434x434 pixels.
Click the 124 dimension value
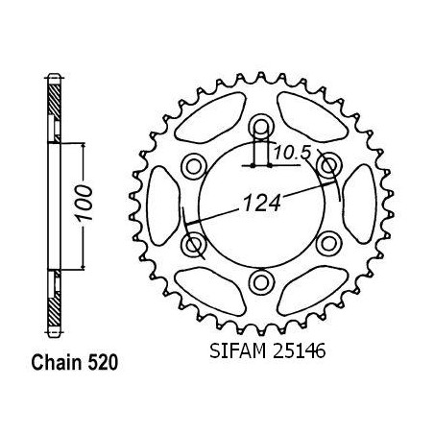[x=262, y=204]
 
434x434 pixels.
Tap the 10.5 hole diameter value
[x=292, y=153]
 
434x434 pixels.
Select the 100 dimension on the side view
[x=84, y=203]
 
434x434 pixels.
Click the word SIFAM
[x=237, y=350]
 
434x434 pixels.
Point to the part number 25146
[x=299, y=350]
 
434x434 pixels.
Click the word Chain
[x=57, y=363]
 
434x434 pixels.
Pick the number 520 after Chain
[x=103, y=363]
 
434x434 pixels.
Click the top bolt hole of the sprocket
[x=262, y=128]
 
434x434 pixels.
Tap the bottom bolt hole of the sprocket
[x=262, y=282]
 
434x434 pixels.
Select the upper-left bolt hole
[x=194, y=166]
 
